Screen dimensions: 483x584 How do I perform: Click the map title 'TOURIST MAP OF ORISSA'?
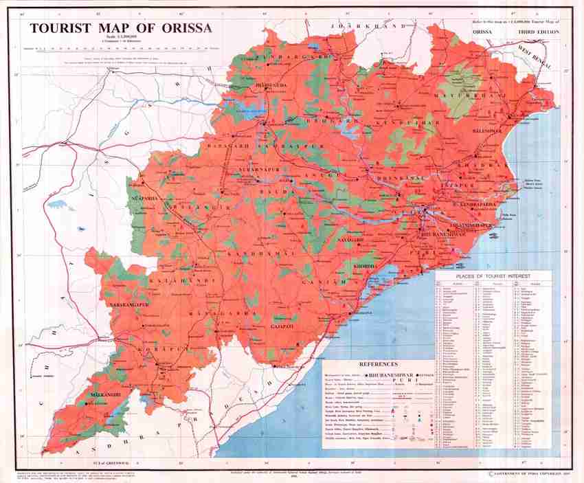tap(120, 29)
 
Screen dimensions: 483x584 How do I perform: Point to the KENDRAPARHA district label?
tap(472, 205)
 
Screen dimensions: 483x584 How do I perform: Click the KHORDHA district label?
tap(364, 265)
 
